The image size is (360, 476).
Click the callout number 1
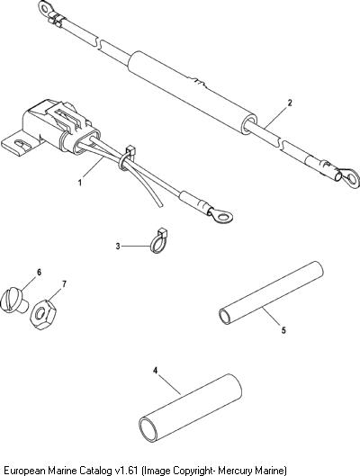tap(80, 183)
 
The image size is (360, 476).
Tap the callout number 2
tap(290, 103)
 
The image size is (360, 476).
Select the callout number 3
tap(118, 247)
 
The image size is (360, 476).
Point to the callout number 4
tap(155, 371)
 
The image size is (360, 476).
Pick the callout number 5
tap(283, 330)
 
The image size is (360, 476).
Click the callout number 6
tap(39, 273)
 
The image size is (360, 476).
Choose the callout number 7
tap(64, 284)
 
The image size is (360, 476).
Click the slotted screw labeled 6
tap(13, 301)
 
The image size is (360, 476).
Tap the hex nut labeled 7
tap(43, 315)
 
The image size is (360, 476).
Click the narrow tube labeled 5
tap(271, 292)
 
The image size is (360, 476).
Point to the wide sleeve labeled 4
tap(190, 408)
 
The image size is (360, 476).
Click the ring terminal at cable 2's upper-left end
tap(46, 8)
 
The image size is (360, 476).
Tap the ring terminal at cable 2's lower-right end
tap(350, 178)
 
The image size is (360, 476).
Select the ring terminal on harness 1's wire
tap(221, 215)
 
